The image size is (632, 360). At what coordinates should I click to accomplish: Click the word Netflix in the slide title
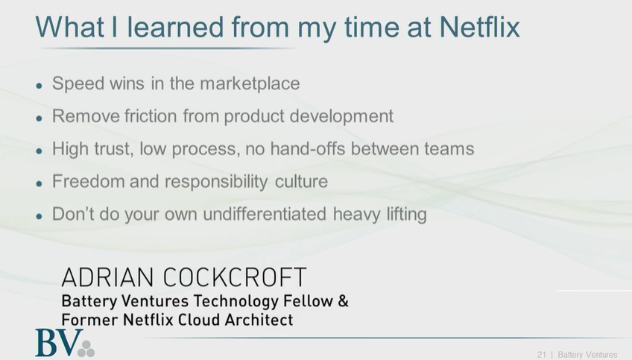click(x=479, y=27)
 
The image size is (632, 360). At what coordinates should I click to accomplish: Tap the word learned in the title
click(x=175, y=27)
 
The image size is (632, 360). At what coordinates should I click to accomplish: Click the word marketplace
click(x=250, y=84)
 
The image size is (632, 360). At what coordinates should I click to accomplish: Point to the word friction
click(x=151, y=116)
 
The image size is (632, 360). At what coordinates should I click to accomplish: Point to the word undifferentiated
click(x=265, y=214)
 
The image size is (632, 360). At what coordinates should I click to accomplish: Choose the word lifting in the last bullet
click(x=407, y=215)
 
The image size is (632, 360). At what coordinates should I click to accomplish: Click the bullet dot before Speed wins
click(x=39, y=86)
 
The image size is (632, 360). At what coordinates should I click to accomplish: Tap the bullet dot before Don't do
click(x=39, y=216)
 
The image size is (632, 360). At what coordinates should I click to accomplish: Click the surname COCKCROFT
click(x=235, y=277)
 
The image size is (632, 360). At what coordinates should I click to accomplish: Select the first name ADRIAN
click(x=107, y=277)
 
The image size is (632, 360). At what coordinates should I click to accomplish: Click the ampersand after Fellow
click(x=343, y=300)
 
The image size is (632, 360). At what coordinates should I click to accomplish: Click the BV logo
click(x=65, y=343)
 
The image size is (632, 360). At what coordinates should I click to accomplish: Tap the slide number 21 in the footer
click(x=541, y=355)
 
